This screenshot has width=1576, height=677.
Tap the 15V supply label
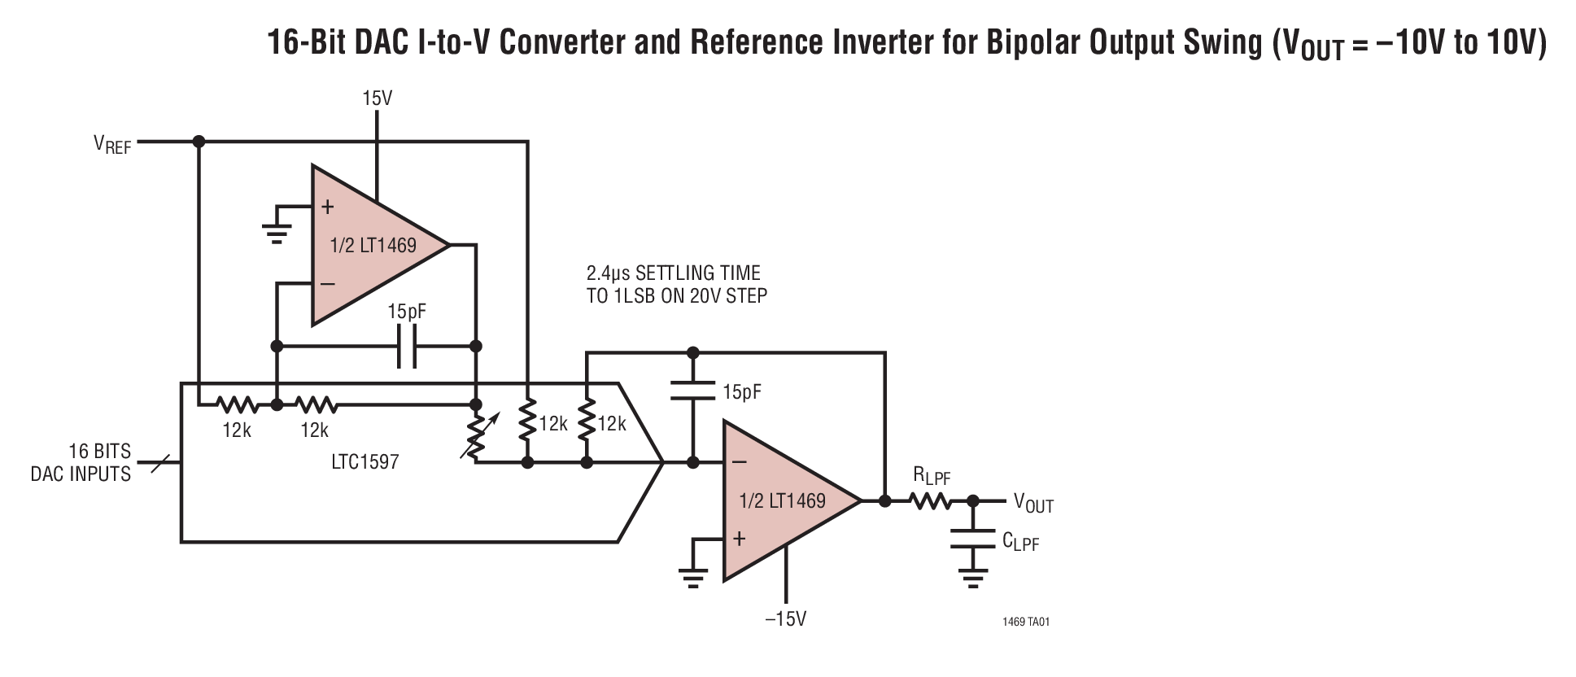(x=377, y=99)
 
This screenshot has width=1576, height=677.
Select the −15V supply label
(x=785, y=619)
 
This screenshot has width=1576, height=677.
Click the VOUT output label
(x=1032, y=504)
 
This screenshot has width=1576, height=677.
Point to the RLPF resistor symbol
(x=929, y=501)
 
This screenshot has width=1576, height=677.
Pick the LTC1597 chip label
(x=365, y=462)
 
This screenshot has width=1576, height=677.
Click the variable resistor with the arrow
(x=477, y=434)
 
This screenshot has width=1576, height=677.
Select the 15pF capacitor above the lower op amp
(x=692, y=391)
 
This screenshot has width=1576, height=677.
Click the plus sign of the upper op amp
(x=328, y=207)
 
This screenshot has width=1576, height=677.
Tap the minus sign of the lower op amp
(x=739, y=462)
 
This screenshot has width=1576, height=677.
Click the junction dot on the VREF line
(x=199, y=142)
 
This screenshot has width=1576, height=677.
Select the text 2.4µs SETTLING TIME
(x=674, y=273)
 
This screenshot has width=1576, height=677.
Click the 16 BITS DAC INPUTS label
(x=81, y=463)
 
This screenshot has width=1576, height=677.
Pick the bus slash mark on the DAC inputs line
(x=160, y=464)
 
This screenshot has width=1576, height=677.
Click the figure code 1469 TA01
(x=1026, y=622)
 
